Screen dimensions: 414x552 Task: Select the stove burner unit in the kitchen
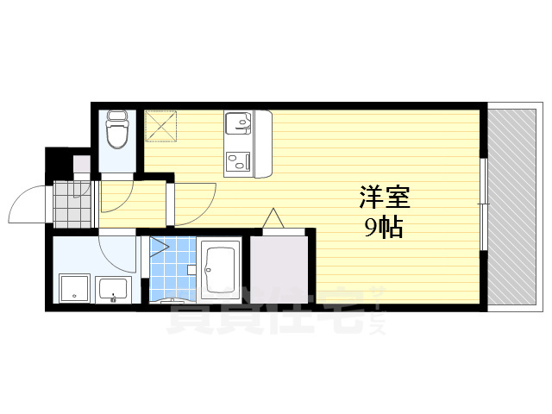point(237,161)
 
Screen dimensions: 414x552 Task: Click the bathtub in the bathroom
point(223,270)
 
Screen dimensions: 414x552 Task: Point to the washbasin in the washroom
point(112,289)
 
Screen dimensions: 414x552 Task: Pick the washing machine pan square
point(73,289)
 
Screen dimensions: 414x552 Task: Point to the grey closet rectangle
point(278,269)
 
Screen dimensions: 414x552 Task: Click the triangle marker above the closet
point(273,219)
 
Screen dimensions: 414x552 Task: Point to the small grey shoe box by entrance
point(81,164)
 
